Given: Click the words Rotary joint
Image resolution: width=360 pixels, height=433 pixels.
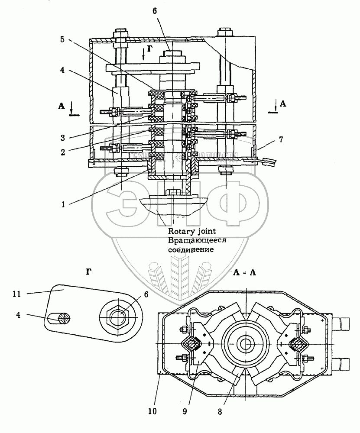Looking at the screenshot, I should [189, 232].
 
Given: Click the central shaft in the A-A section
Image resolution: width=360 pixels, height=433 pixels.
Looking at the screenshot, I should [246, 344].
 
